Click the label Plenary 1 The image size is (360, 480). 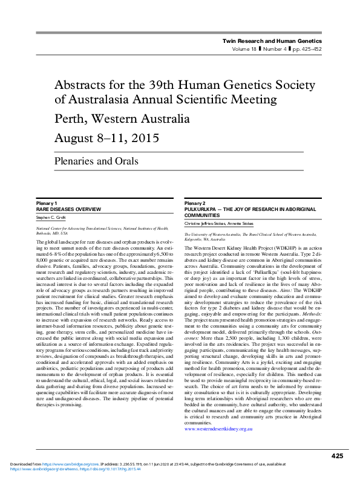[47, 203]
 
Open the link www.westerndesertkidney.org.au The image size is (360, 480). [218, 394]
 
